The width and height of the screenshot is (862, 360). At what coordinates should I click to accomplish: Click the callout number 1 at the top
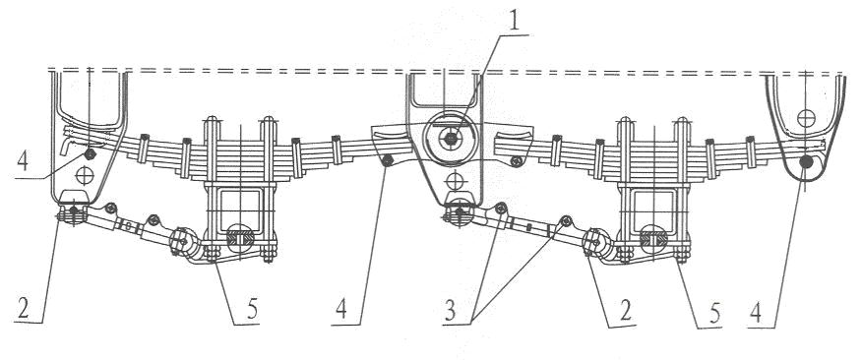(513, 21)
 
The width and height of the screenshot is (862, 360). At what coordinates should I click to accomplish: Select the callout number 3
(451, 312)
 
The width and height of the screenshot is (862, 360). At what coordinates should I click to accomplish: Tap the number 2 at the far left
(23, 311)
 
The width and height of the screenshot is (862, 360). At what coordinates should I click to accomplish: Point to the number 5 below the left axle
(252, 311)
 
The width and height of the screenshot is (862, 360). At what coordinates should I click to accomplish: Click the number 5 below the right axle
(714, 314)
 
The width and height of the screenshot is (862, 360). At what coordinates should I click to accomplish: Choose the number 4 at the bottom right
(756, 314)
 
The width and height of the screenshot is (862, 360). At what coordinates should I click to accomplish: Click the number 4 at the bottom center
(341, 311)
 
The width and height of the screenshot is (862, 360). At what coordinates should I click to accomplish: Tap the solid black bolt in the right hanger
(806, 161)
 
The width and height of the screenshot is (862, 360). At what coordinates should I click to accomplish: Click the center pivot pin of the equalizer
(452, 140)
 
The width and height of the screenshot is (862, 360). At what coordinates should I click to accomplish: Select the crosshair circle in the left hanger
(85, 175)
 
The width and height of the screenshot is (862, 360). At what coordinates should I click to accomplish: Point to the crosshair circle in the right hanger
(806, 118)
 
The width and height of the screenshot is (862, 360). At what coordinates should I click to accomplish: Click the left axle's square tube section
(241, 210)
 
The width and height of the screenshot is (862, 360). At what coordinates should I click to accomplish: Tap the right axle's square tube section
(654, 210)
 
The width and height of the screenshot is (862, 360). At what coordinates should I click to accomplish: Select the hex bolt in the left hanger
(90, 153)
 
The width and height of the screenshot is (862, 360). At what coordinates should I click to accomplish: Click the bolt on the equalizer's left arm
(387, 160)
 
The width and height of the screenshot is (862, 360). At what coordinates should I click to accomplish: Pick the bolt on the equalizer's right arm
(516, 161)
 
